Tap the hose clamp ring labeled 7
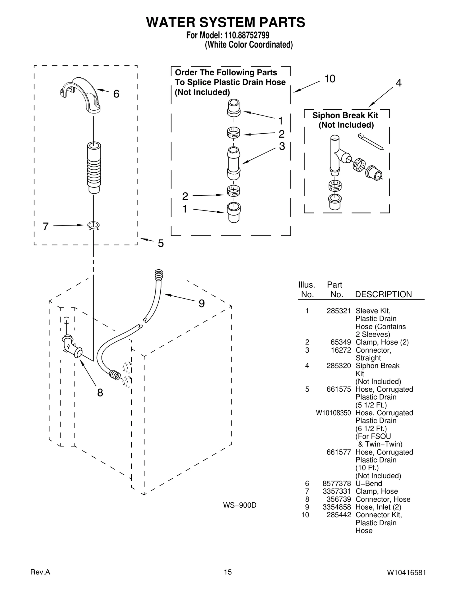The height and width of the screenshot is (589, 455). pos(94,226)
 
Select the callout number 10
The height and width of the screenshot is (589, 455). pos(330,79)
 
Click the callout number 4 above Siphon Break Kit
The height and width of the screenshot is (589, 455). pos(399,83)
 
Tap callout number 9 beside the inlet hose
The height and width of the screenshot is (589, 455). pos(201,304)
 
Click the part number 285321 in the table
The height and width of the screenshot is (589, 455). pos(338,311)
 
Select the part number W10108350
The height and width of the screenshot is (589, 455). pos(333,413)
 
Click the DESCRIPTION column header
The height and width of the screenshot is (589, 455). pos(383,294)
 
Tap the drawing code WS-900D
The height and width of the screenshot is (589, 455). pos(239,505)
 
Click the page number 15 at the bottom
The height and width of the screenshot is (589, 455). pos(227,572)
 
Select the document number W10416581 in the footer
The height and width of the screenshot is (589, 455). pos(406,572)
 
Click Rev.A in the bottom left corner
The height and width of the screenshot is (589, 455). pos(40,572)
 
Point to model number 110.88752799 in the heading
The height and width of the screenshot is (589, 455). pos(247,35)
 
